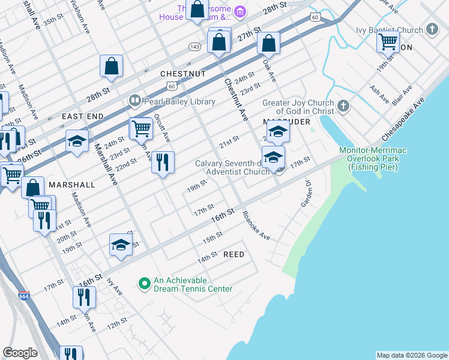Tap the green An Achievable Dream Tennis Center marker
coord(144,283)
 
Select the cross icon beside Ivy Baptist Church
coord(432,29)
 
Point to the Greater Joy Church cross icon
coord(343,106)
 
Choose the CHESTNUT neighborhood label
coord(183,74)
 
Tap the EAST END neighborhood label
coord(83,116)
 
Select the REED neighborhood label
coord(234,255)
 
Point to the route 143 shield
coord(194,46)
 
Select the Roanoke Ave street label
coord(256,226)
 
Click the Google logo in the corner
coord(20,353)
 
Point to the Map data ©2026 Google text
coord(411,355)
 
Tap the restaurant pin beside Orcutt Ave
coord(163,162)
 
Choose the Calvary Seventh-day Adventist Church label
coord(234,168)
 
